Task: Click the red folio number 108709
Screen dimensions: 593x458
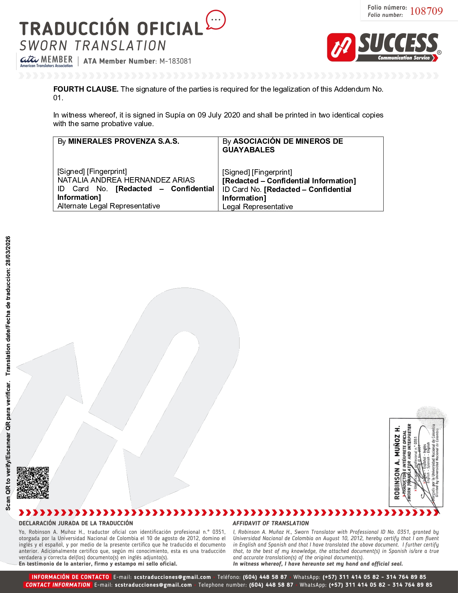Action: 426,11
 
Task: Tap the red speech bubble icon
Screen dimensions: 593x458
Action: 216,20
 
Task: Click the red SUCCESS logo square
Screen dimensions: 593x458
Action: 341,47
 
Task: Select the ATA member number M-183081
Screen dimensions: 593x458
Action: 175,61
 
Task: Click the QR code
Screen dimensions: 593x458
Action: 33,483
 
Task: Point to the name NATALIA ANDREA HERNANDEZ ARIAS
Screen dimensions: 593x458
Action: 126,180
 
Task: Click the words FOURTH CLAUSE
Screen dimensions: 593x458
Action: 85,89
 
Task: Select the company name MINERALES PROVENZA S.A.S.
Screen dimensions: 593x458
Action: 124,141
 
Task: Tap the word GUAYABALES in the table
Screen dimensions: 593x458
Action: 248,150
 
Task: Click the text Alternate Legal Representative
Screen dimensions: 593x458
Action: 108,206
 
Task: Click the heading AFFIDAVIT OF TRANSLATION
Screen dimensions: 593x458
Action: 270,523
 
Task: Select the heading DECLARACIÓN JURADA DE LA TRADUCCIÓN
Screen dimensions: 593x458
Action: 76,523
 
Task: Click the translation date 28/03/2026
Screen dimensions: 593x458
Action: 8,251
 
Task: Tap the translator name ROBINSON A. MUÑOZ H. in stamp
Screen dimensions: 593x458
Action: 397,463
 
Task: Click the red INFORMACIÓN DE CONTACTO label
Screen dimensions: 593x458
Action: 70,577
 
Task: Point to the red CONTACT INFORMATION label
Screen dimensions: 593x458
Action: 58,585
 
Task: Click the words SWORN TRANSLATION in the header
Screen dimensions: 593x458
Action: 93,46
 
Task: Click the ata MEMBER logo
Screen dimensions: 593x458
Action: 46,61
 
